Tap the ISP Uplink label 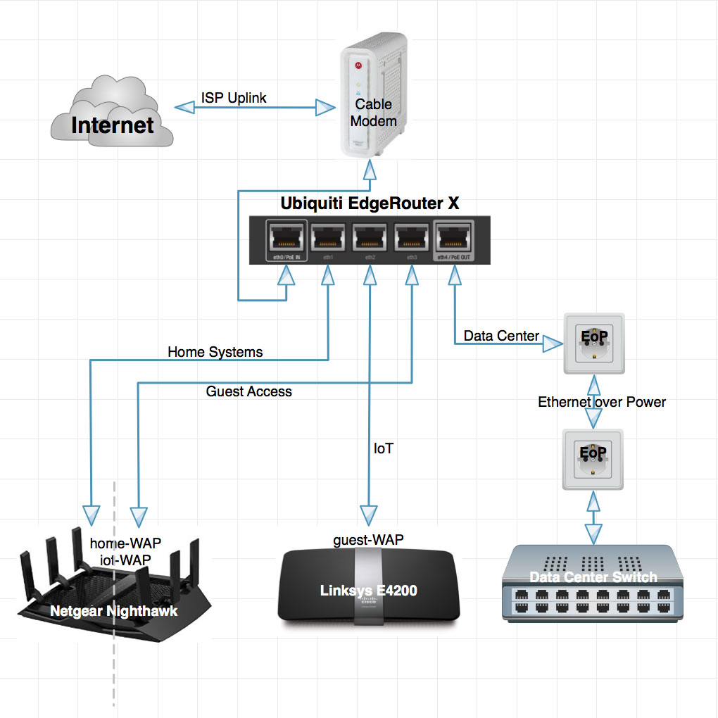(234, 98)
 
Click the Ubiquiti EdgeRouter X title (370, 204)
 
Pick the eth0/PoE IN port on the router (286, 240)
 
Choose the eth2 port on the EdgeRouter (370, 240)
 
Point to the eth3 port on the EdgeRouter (412, 240)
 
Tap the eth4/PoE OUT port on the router (454, 240)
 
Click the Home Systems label (215, 352)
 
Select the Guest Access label (248, 391)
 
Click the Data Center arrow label (501, 336)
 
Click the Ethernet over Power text (602, 402)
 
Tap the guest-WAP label (368, 539)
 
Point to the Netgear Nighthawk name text (114, 611)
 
